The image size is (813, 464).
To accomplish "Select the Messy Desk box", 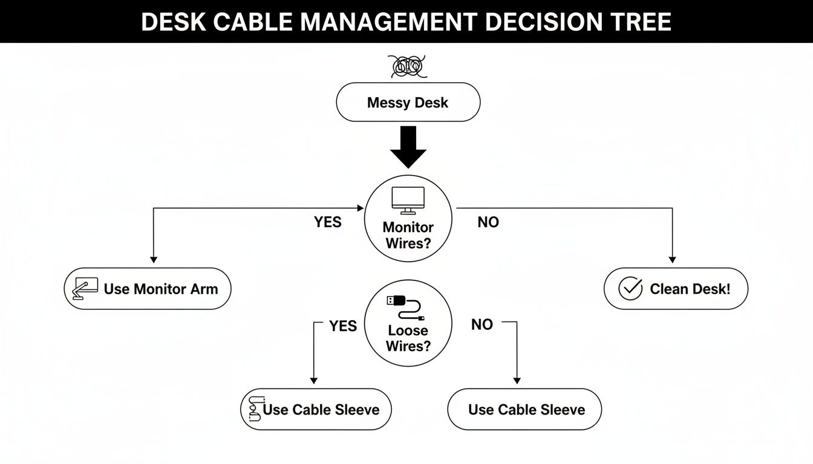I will [408, 102].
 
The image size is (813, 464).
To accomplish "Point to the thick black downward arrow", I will [408, 147].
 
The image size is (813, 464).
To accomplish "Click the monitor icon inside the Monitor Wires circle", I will [408, 200].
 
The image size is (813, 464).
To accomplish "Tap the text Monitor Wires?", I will [408, 236].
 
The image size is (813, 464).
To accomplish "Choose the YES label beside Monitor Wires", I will [327, 222].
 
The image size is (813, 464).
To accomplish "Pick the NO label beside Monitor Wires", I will [488, 222].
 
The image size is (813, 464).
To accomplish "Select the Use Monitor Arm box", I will [148, 289].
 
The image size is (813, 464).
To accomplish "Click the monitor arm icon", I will [85, 289].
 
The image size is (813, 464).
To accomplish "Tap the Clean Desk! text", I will [690, 289].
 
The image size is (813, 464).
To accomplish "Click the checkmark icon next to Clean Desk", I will [630, 289].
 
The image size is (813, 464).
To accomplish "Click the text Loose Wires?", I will [408, 338].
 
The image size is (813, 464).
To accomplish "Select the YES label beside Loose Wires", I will [343, 326].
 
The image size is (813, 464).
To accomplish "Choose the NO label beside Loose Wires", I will [482, 325].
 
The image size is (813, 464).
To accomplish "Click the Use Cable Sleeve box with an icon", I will [316, 410].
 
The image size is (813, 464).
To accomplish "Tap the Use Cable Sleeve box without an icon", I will [525, 410].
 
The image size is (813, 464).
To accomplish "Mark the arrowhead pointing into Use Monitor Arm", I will [153, 259].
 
